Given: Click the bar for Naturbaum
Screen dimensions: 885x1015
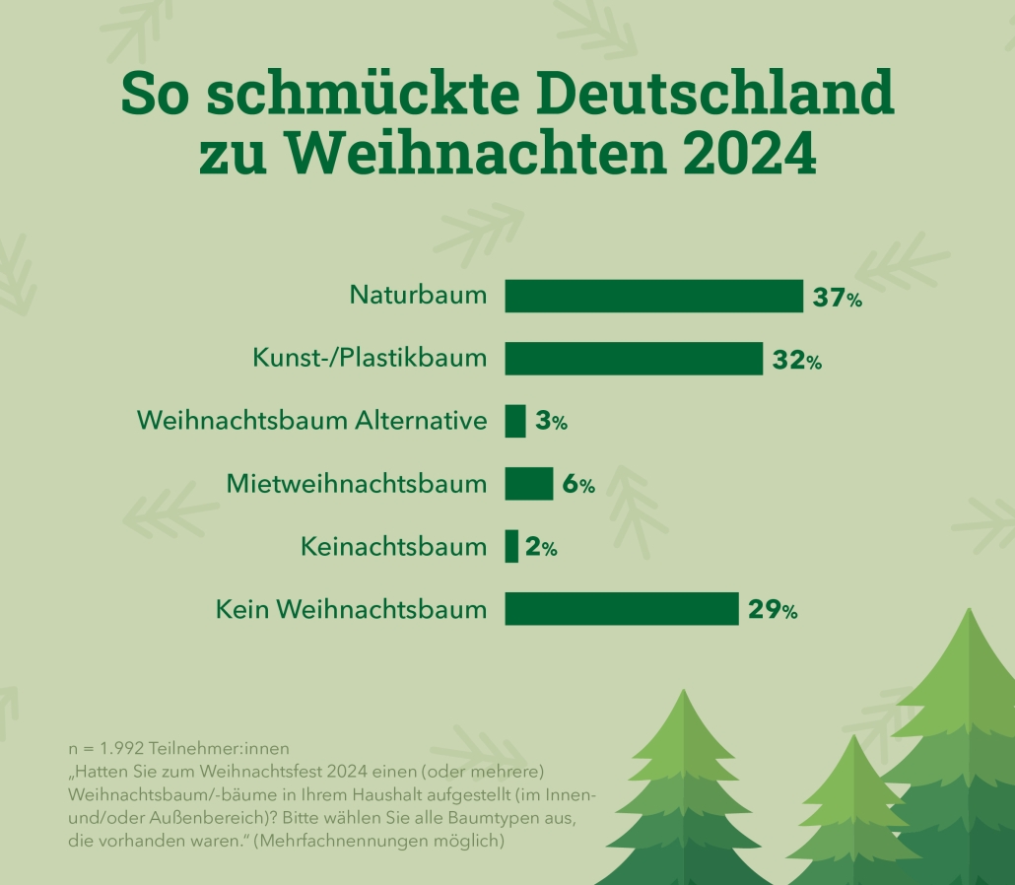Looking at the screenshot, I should click(653, 296).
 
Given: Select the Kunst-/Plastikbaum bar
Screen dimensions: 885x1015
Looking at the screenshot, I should click(634, 359).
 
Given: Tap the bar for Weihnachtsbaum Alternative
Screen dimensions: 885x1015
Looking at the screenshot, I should click(515, 421).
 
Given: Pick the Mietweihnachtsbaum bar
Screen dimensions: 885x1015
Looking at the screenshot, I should click(529, 484).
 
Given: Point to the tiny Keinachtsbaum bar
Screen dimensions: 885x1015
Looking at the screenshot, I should click(511, 547).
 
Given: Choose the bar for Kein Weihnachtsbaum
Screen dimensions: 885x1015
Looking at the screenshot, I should click(622, 609).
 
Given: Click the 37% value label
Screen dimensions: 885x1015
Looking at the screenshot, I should click(837, 298).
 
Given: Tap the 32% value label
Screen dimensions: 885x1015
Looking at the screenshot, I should click(796, 361).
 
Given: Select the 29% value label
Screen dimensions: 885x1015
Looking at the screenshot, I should click(772, 611).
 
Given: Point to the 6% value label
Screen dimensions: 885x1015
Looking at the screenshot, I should click(577, 486).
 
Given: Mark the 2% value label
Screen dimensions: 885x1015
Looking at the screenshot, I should click(541, 549).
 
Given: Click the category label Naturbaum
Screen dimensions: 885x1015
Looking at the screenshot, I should click(419, 295).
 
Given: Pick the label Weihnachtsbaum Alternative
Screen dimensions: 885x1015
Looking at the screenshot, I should click(312, 421).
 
